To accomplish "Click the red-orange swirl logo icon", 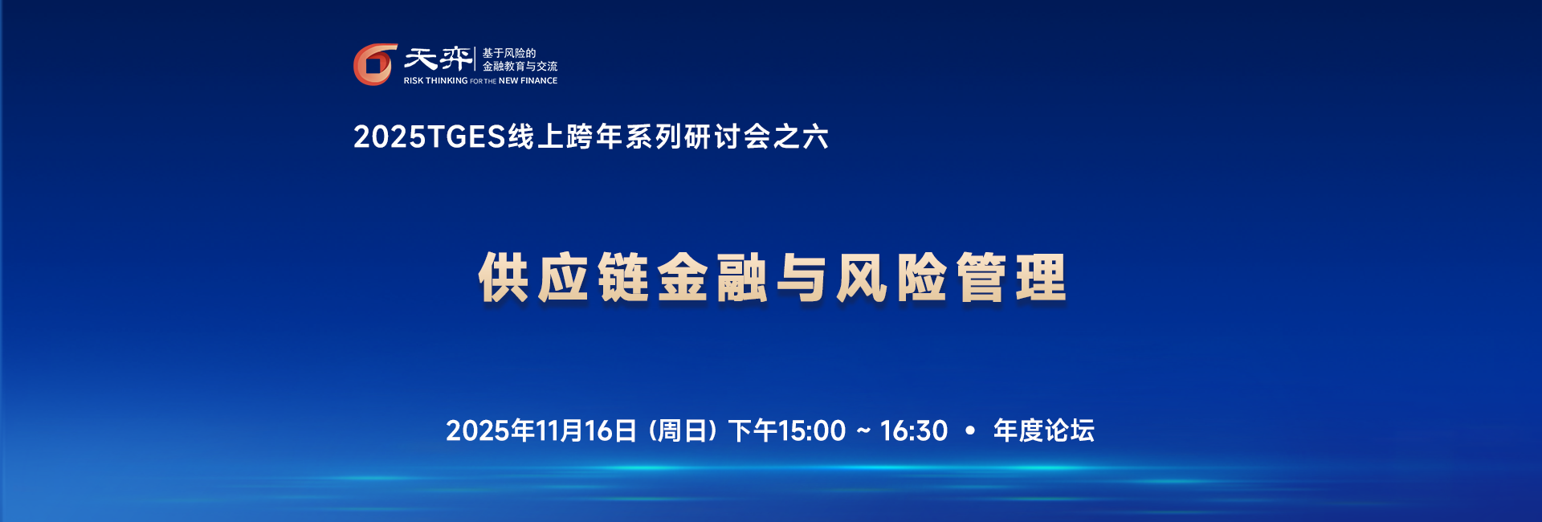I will [x=375, y=64].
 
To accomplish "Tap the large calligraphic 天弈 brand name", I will [x=438, y=59].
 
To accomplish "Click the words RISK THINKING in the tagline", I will [x=435, y=81].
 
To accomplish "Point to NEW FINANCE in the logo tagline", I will [x=528, y=81].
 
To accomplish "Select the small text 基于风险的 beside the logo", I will [x=508, y=53].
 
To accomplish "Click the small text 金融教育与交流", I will [x=520, y=67].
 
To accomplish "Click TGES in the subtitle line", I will [x=467, y=137].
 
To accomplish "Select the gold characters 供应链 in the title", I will [x=564, y=278].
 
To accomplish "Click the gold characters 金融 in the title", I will [x=712, y=278].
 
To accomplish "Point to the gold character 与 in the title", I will [x=802, y=278].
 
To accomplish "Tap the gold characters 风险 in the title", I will [x=891, y=278].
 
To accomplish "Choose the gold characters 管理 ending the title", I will [x=1011, y=278].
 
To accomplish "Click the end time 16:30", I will [x=914, y=431].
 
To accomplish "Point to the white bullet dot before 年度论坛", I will [x=970, y=431].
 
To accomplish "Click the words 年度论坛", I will [x=1043, y=431].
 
